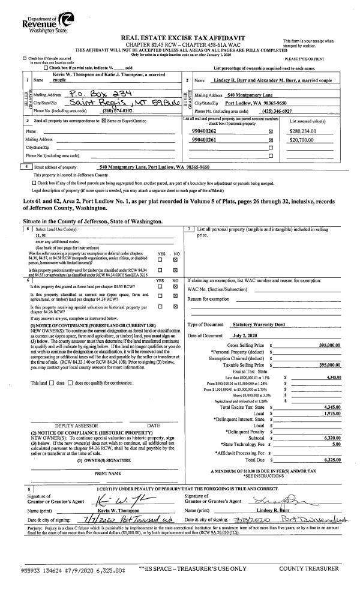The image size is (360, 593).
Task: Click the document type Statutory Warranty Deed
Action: tap(259, 324)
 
